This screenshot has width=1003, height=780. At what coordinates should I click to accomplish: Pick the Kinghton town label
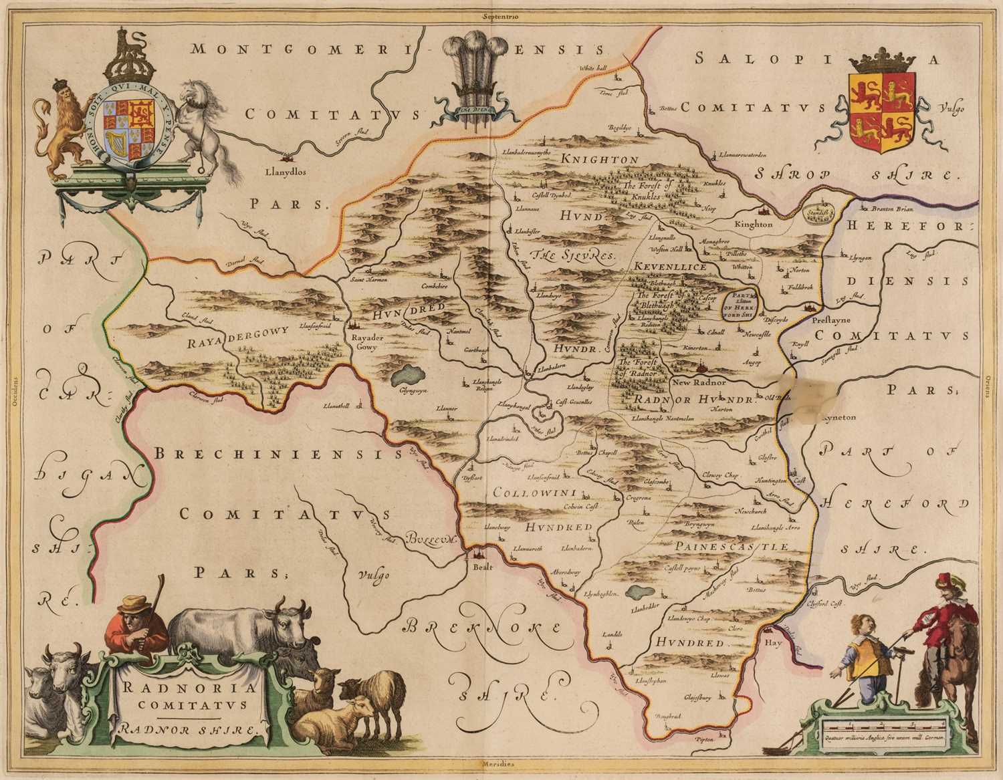753,225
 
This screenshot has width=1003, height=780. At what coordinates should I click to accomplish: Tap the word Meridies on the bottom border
501,763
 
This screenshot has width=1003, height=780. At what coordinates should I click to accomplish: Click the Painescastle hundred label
732,547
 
